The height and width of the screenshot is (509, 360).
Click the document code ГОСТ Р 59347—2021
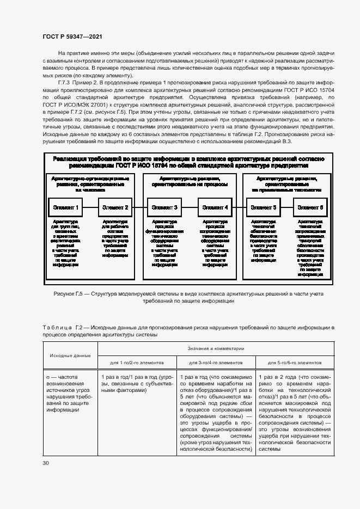pos(72,36)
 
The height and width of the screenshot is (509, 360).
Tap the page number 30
pos(46,463)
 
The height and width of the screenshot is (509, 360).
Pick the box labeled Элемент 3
pos(165,207)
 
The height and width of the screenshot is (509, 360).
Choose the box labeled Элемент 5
pos(264,207)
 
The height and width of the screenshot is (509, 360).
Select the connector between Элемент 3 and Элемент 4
pos(190,207)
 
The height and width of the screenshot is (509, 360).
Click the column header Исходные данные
pos(70,355)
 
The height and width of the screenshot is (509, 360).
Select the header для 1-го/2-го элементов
pos(137,362)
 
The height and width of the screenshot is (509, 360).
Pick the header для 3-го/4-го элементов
pos(216,362)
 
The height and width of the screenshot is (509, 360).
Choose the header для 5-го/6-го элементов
pos(295,362)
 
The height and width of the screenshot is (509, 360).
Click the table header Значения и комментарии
pos(216,348)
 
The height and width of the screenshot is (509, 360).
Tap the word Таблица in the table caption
pos(57,327)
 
